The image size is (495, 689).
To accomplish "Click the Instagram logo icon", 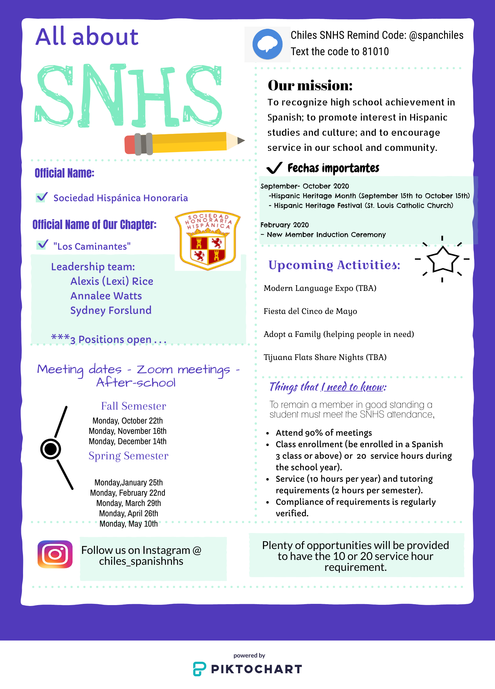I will click(55, 554).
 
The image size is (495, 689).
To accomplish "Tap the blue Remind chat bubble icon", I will click(267, 44).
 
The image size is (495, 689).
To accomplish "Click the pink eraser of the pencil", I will click(130, 145).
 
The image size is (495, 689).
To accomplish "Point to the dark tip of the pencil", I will click(241, 140).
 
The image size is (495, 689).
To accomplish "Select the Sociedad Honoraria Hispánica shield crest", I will click(208, 240).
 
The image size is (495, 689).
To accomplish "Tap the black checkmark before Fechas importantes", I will click(274, 168).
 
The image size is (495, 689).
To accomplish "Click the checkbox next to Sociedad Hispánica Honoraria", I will click(41, 197).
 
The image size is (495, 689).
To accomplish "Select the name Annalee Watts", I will click(106, 296).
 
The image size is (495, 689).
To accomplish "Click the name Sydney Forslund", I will click(111, 311).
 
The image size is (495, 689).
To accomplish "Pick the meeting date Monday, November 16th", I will click(127, 431).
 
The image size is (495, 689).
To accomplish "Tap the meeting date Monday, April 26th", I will click(128, 513).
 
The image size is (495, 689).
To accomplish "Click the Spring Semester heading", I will click(128, 456).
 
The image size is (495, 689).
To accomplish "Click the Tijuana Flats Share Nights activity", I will click(325, 357).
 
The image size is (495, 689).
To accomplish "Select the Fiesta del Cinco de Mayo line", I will click(310, 311).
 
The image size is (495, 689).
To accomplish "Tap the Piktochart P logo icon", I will click(200, 669).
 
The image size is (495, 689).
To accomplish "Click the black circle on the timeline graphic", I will click(50, 449).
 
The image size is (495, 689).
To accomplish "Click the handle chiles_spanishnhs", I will click(141, 561).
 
